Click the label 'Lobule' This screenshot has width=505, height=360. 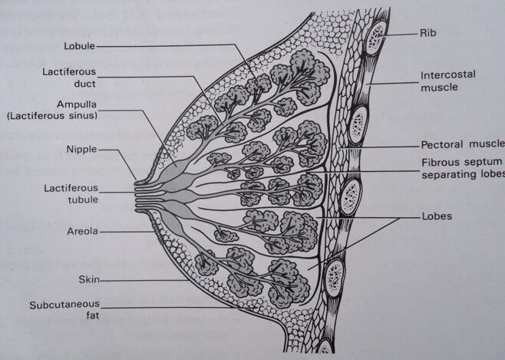[80, 45]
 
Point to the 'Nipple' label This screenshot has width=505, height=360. [81, 150]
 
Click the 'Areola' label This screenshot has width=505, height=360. [81, 230]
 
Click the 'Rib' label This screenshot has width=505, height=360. [429, 33]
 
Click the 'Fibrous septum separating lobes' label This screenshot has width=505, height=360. [460, 168]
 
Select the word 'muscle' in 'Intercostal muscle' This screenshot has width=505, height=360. [439, 88]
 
